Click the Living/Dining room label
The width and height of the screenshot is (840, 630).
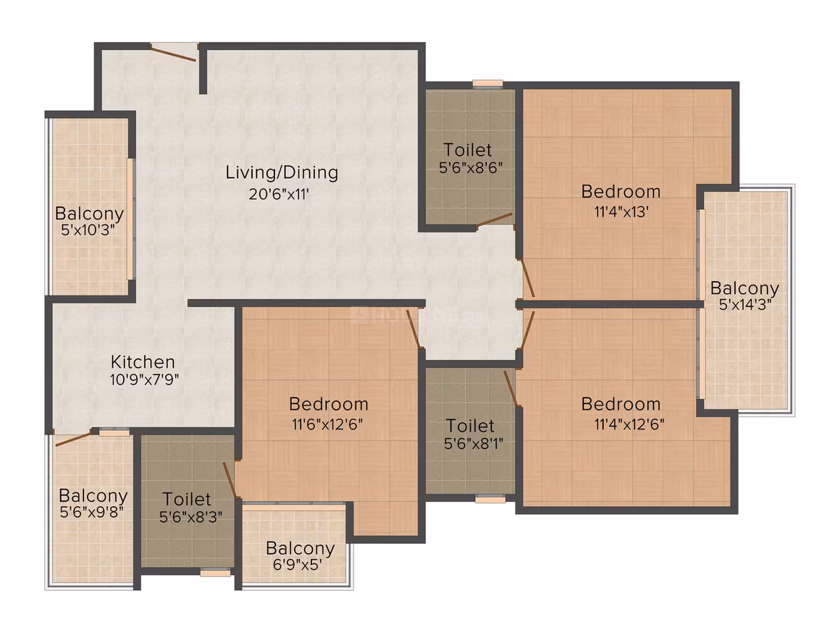(282, 173)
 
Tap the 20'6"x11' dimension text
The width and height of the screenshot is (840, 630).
(279, 194)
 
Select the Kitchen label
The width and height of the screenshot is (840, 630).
(143, 361)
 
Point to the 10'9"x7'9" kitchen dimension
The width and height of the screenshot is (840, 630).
(145, 380)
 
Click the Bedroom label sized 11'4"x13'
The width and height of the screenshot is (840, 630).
(621, 191)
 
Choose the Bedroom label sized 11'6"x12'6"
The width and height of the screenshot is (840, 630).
(328, 404)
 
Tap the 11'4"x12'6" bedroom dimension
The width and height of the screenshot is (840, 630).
(629, 424)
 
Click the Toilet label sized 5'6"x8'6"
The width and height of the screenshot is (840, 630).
(468, 149)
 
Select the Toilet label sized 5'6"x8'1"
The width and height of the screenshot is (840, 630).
(471, 426)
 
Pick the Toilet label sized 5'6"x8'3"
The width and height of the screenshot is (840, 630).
(186, 499)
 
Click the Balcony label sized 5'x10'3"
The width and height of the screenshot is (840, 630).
(90, 214)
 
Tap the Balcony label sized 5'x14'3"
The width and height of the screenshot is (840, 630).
(744, 288)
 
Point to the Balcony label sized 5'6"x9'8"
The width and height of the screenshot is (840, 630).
(93, 495)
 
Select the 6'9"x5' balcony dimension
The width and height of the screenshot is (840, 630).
(298, 565)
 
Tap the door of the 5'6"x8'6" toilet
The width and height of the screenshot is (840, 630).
(494, 220)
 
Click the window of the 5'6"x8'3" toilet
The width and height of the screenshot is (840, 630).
(215, 573)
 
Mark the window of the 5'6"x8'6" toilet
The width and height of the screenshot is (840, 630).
(487, 83)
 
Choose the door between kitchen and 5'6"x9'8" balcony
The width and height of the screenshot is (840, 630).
(73, 437)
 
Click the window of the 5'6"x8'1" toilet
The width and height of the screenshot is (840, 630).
(490, 499)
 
